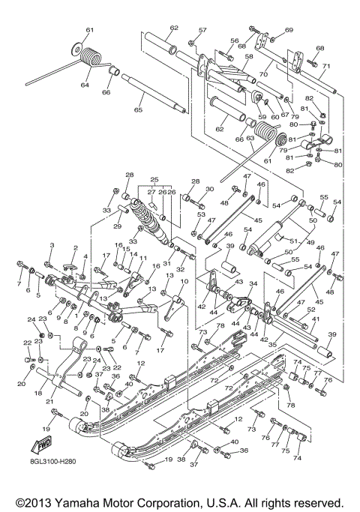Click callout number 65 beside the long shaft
point(137,110)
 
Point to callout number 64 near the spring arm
point(84,85)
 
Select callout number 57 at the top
point(202,31)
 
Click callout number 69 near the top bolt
point(288,30)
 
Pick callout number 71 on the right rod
point(325,67)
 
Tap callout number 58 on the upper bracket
point(249,56)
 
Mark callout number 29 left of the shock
point(117,226)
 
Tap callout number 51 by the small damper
point(283,241)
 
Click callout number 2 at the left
point(75,248)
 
